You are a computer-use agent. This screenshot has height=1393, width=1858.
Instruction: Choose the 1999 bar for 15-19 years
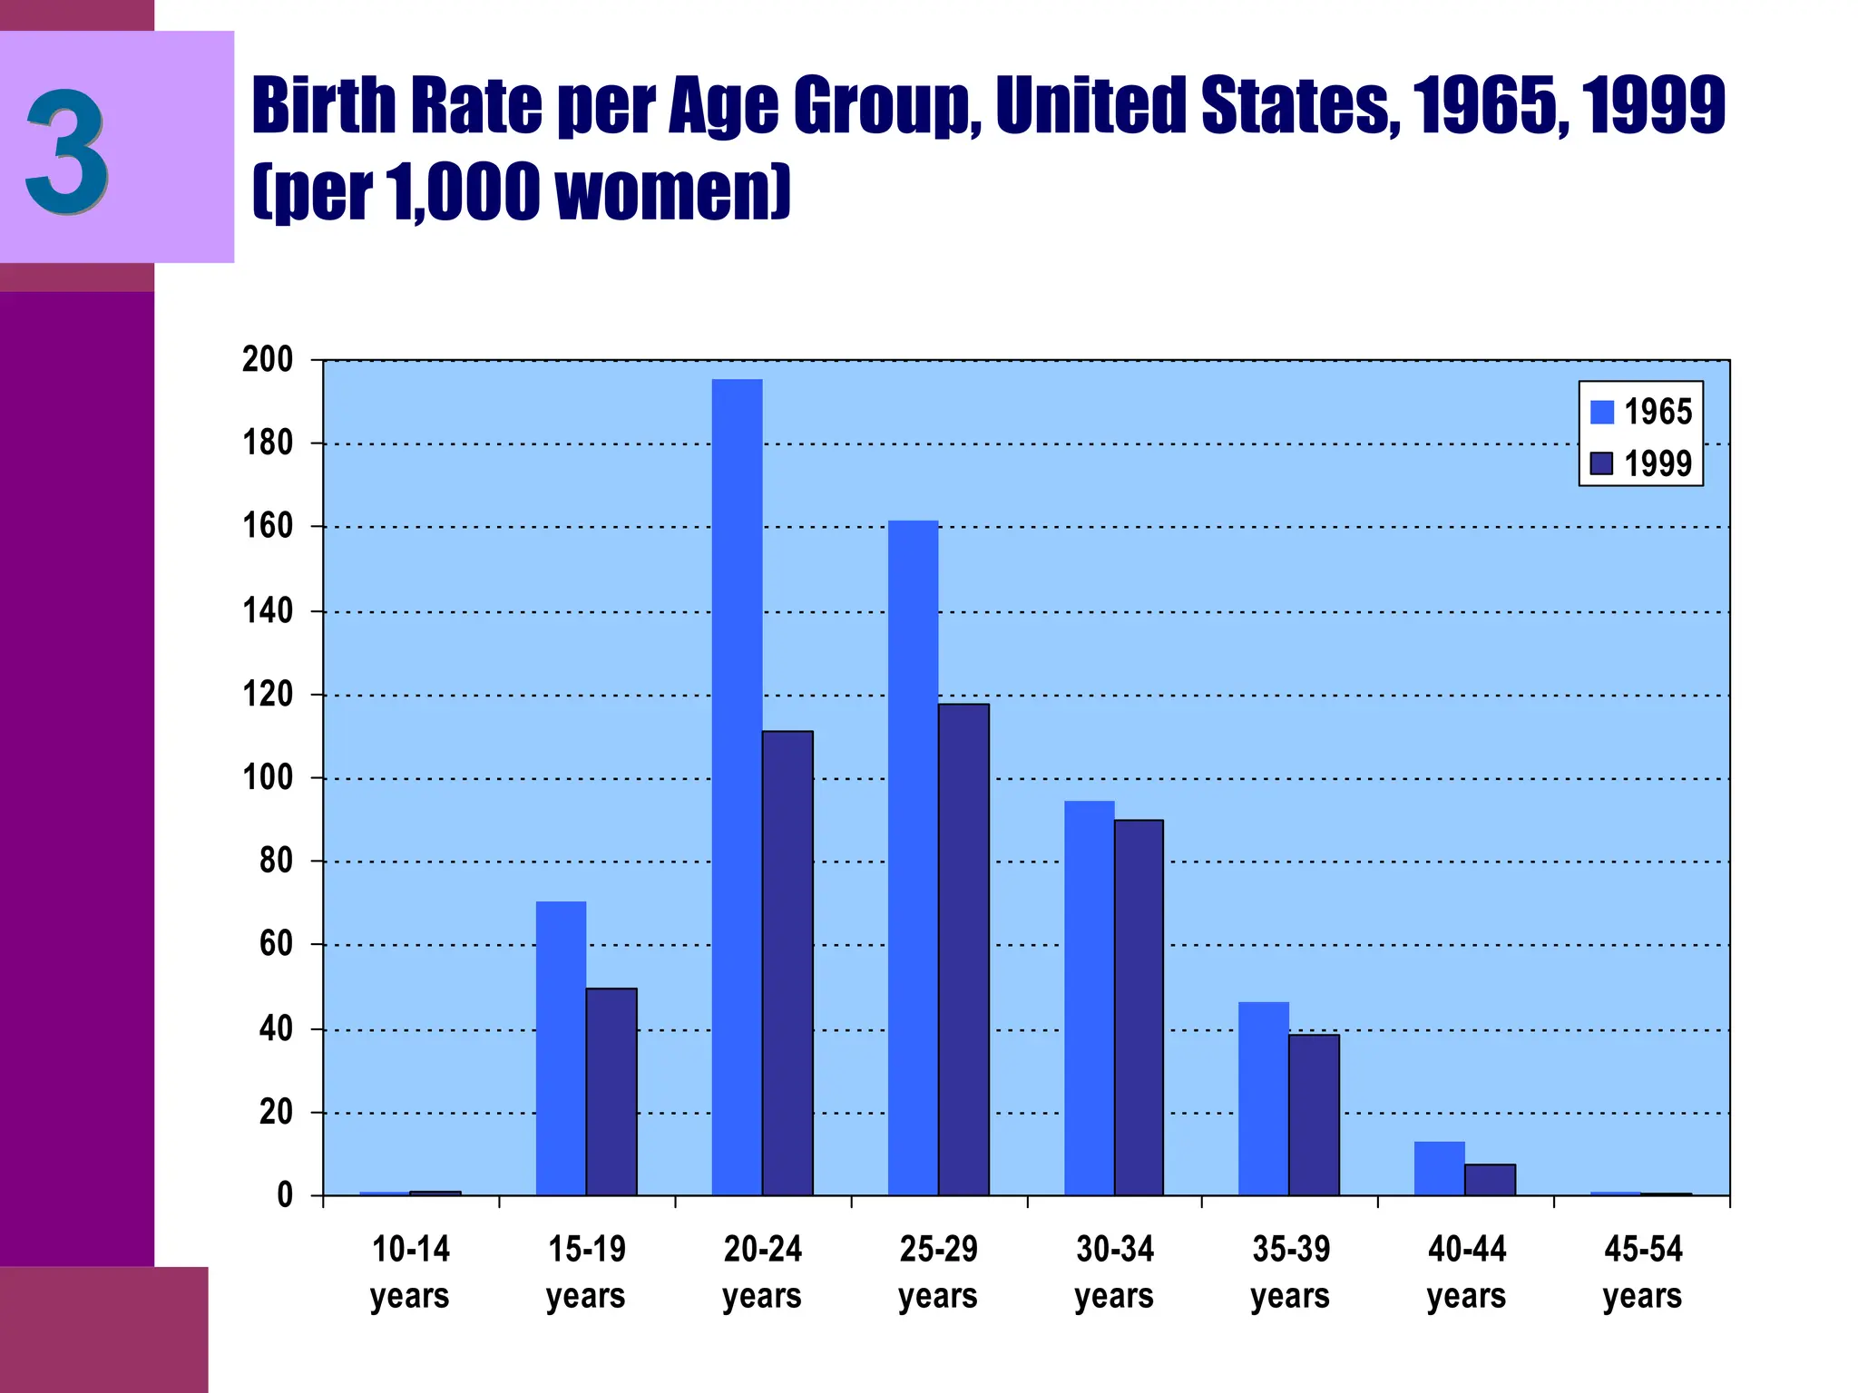611,1092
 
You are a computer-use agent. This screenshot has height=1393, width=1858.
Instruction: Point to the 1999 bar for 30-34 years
1139,1008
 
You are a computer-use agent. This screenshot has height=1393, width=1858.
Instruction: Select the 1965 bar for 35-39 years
1263,1098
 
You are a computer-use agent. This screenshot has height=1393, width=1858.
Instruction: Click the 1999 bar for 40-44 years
1490,1180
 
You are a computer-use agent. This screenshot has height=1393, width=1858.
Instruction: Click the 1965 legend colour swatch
1602,412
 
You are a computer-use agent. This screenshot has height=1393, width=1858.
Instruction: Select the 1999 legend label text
1658,464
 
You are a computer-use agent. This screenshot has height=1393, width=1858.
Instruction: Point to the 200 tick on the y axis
269,360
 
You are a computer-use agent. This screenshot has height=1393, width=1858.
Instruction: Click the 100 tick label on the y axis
269,778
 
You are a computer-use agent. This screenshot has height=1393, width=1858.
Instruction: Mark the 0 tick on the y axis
285,1195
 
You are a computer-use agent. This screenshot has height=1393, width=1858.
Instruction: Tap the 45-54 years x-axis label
1642,1272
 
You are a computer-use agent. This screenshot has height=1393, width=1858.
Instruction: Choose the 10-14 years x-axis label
410,1272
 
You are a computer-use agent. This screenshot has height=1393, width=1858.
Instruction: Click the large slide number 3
67,151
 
